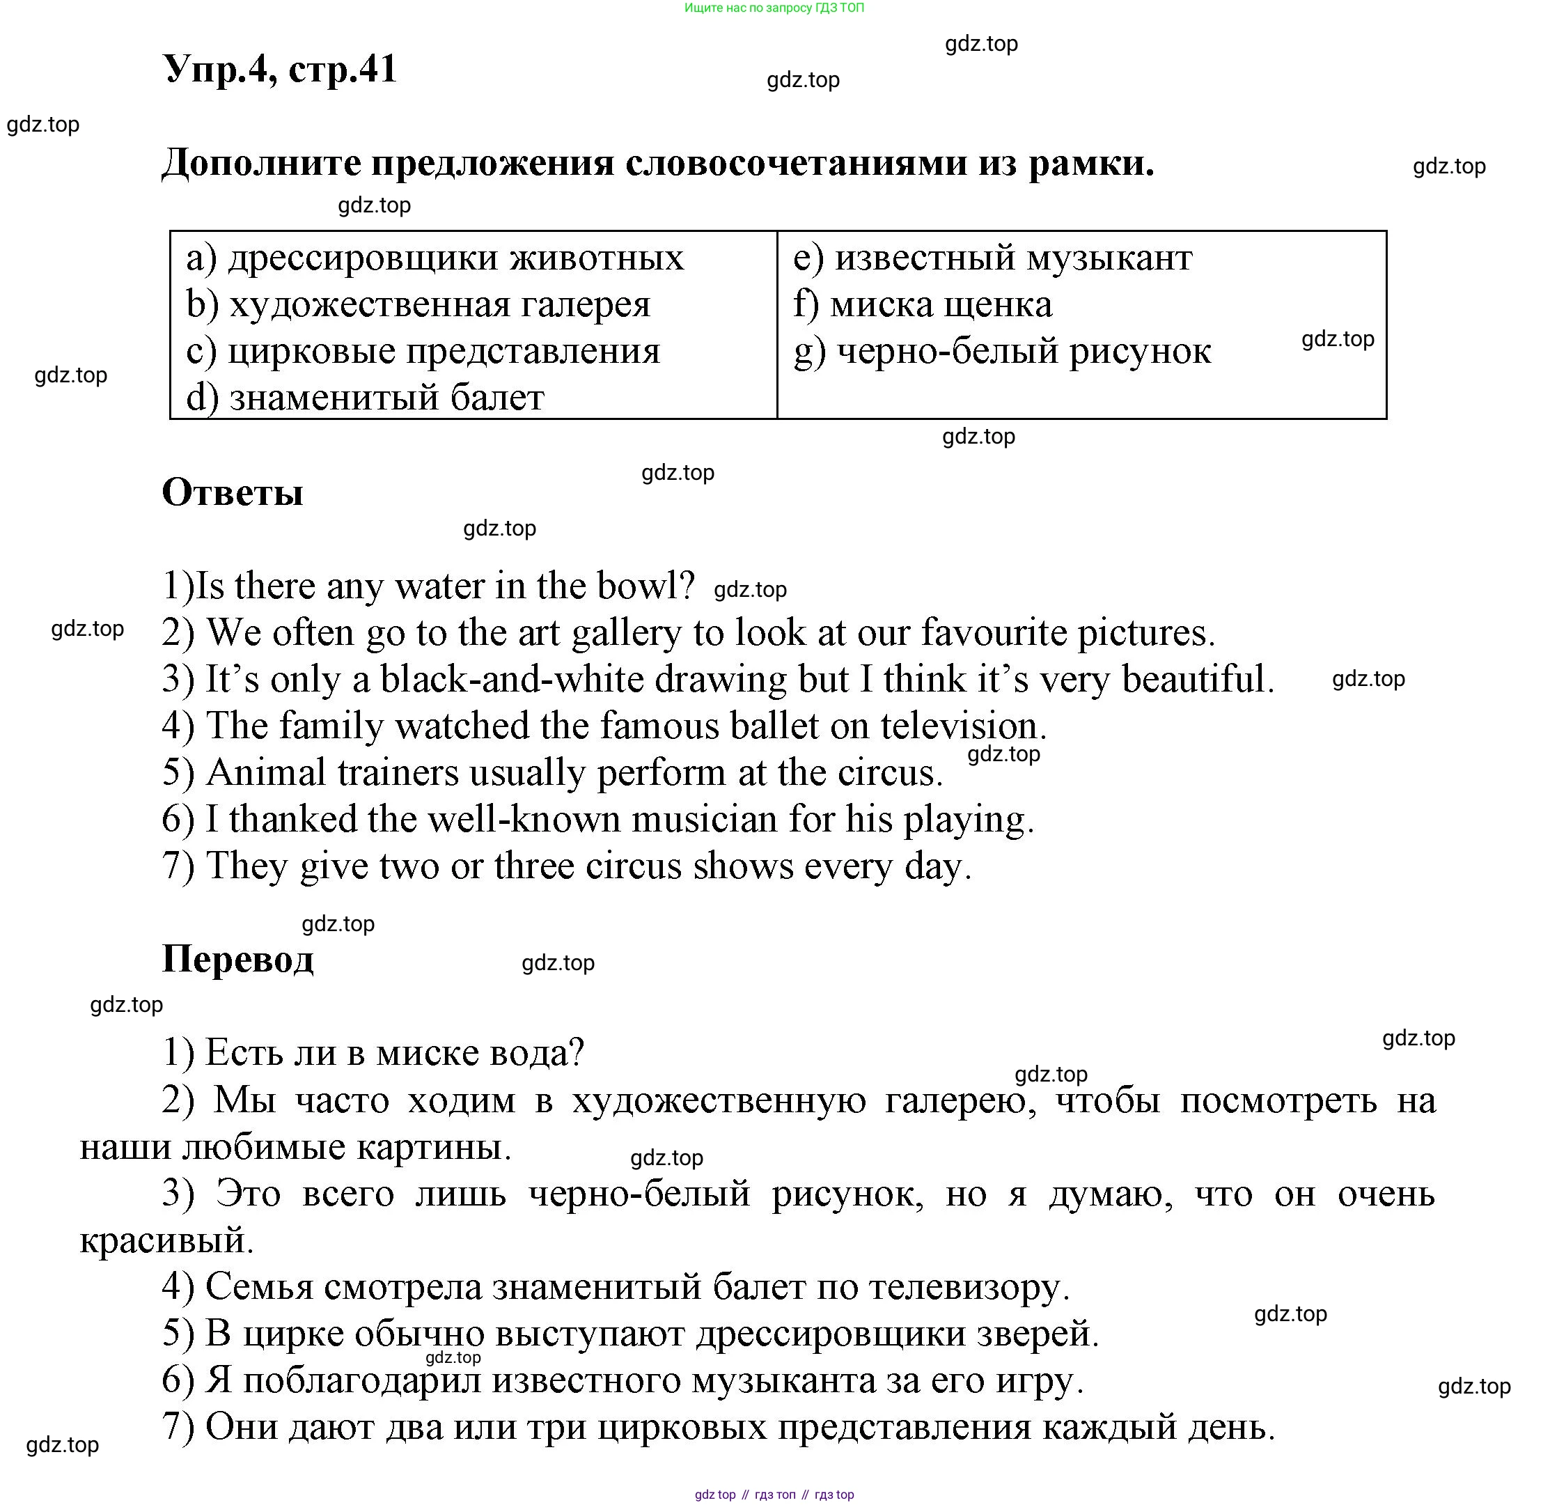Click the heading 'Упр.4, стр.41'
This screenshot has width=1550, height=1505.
click(279, 69)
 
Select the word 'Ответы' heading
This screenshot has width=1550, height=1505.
click(233, 492)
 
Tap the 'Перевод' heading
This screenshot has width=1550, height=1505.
click(237, 959)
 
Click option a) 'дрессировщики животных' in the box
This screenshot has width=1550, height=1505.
click(435, 258)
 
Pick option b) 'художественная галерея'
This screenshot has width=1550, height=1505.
click(418, 304)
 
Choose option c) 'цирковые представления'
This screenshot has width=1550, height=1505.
click(423, 351)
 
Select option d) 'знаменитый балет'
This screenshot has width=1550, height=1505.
click(366, 398)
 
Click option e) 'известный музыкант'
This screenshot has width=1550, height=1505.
click(992, 258)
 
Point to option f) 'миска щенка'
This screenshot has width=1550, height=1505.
click(922, 304)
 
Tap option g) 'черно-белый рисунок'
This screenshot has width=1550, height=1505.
click(1002, 351)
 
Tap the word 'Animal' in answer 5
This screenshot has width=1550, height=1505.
click(266, 772)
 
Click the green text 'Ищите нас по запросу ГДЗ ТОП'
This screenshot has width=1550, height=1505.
click(774, 8)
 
